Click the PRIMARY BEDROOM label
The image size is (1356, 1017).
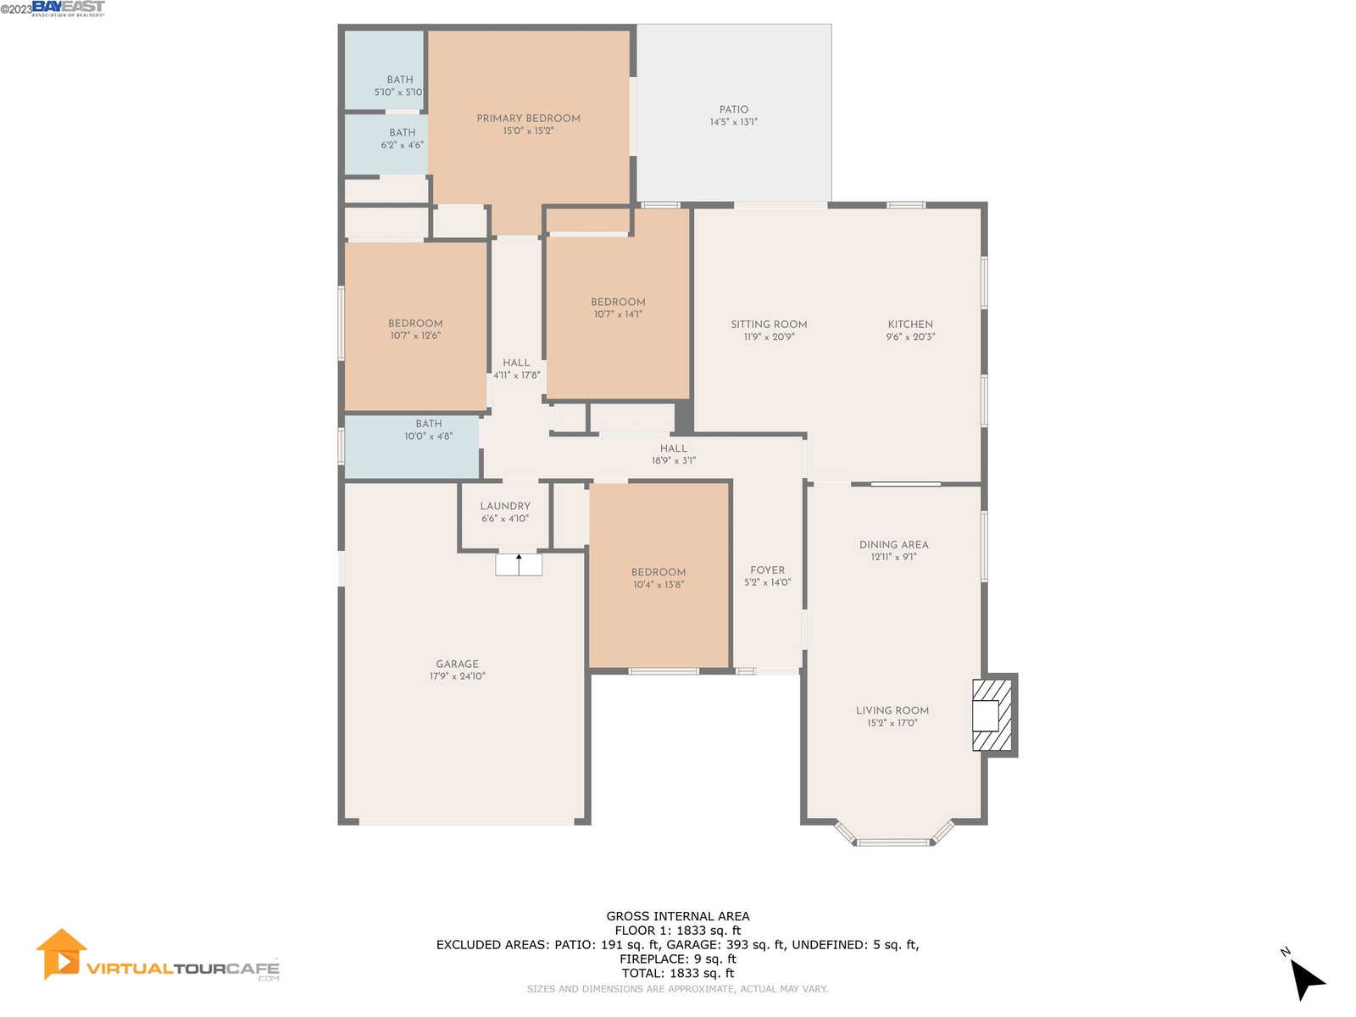pos(528,118)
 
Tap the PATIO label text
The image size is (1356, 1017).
pos(733,109)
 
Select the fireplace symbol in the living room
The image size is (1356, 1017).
pos(992,715)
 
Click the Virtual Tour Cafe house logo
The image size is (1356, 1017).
pos(61,954)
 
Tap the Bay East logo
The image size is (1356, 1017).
pos(68,8)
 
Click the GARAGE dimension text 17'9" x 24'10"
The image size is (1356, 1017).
pos(457,676)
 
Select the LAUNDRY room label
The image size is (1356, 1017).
pos(505,506)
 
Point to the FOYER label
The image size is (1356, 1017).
pos(767,570)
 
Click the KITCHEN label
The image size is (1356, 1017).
pos(910,325)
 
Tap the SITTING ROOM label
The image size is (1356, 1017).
pos(769,325)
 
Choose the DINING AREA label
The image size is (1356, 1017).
pos(893,545)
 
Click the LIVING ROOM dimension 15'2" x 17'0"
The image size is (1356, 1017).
pos(892,723)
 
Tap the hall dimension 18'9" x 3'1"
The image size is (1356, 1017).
pos(674,461)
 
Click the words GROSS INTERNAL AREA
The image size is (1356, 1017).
pos(678,916)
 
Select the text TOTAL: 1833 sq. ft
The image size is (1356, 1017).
pos(678,973)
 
